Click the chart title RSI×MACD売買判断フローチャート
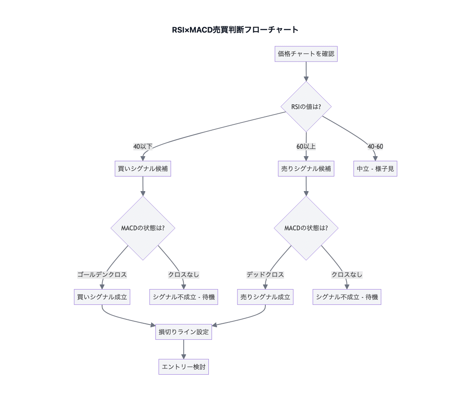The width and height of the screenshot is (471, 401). (x=235, y=30)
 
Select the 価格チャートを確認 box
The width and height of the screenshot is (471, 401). (x=306, y=54)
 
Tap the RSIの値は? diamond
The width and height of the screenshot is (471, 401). (x=306, y=106)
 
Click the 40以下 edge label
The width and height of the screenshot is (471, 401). (x=142, y=147)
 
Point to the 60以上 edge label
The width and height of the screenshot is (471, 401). (x=306, y=147)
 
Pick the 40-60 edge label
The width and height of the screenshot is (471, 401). (x=375, y=147)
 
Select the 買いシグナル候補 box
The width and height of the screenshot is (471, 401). (x=142, y=169)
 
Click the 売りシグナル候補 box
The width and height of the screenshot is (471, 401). (x=306, y=169)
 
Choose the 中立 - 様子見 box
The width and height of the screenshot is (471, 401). (x=375, y=169)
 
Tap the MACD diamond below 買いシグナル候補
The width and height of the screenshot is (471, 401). (x=142, y=228)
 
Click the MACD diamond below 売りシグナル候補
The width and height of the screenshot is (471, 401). (x=306, y=228)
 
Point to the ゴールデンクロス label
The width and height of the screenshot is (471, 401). (x=102, y=275)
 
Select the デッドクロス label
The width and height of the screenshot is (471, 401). (x=265, y=275)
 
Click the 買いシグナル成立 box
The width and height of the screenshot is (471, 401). (x=102, y=297)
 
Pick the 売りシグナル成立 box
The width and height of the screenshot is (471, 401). (x=265, y=297)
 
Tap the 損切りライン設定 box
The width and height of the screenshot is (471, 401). (x=183, y=332)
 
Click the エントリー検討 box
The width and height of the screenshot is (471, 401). (x=183, y=367)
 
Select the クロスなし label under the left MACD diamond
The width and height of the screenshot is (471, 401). (x=183, y=275)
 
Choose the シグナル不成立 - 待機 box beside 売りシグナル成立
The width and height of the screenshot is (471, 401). (x=347, y=297)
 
